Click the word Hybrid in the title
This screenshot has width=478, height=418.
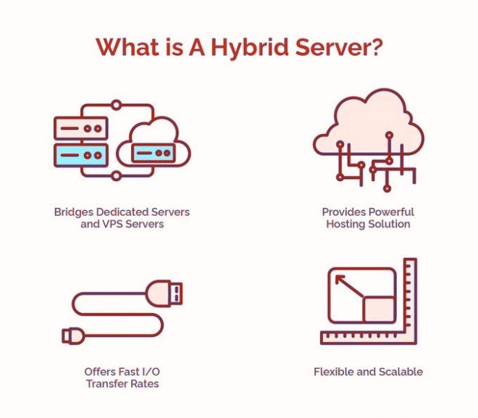point(249,48)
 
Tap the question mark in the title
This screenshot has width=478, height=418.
point(374,47)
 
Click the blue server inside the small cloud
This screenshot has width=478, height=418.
point(154,153)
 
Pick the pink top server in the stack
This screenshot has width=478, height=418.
point(81,128)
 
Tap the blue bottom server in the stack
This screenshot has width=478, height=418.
point(81,156)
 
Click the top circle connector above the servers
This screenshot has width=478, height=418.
point(116,105)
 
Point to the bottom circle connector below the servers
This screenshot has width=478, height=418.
point(116,175)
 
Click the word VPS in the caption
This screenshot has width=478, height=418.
point(112,224)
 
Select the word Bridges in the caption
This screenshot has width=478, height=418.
point(73,212)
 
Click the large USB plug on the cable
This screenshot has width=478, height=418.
point(164,293)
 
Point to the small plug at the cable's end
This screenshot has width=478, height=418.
point(72,335)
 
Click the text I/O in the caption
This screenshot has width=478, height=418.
point(151,372)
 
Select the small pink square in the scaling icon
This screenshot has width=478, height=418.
point(379,309)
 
